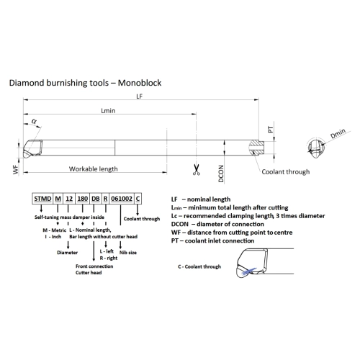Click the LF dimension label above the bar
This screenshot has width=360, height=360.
(139, 96)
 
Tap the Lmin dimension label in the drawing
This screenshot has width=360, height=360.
(108, 111)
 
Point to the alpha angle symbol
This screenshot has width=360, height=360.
(35, 121)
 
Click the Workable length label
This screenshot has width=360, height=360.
(94, 169)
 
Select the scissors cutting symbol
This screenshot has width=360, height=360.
(197, 169)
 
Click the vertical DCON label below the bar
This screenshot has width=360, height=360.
(221, 174)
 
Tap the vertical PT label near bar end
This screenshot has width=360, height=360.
(271, 130)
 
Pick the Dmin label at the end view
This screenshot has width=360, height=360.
(338, 133)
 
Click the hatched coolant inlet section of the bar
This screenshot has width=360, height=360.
(257, 148)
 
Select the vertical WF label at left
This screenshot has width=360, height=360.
(16, 169)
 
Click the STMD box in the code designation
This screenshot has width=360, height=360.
(42, 199)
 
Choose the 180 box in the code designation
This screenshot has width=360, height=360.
(82, 199)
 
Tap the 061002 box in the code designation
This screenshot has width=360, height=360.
(122, 199)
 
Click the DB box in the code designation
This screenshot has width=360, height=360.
(96, 199)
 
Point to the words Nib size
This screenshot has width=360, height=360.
(128, 253)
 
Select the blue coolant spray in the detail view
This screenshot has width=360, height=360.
(249, 271)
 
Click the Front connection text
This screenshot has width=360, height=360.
(94, 266)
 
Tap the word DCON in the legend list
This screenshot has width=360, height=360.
(180, 224)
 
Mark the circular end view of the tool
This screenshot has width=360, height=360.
(316, 148)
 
